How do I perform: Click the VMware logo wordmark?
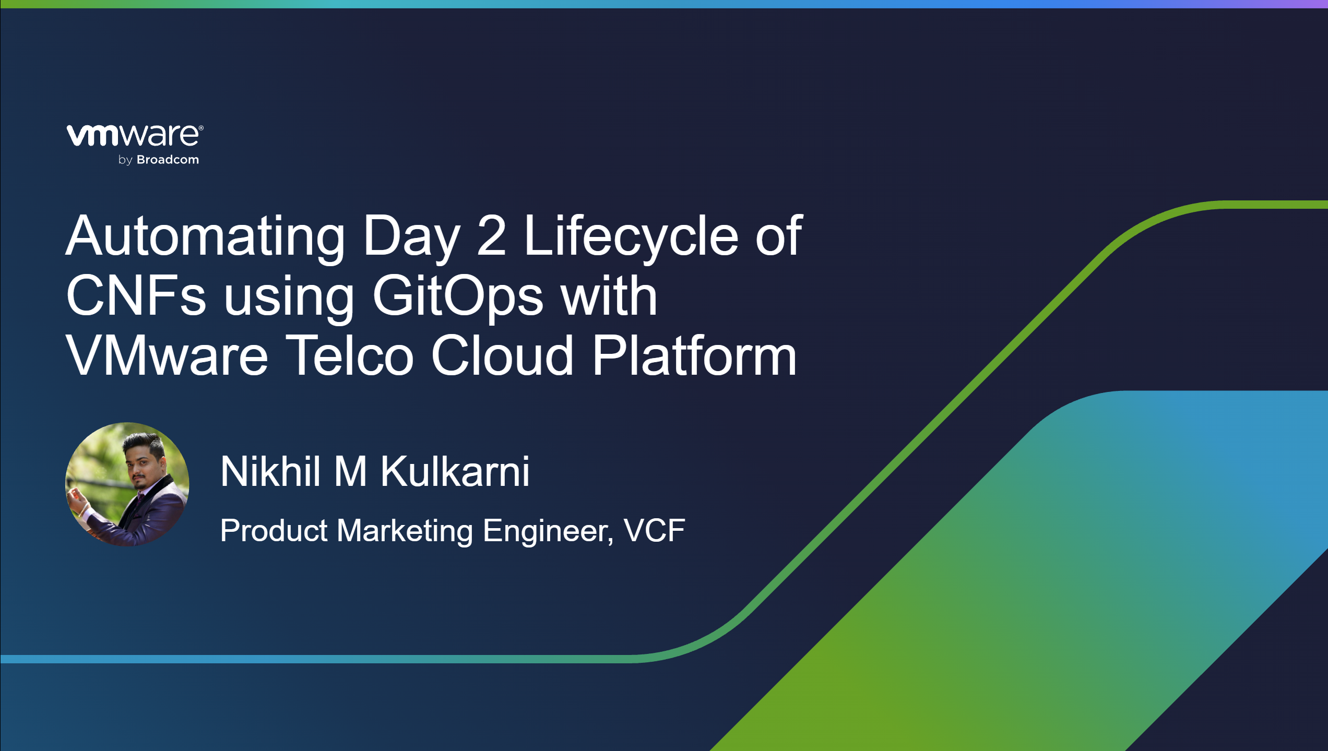coord(135,136)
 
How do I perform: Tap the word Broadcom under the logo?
coord(168,160)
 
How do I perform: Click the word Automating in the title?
coord(205,238)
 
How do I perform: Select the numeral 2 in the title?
coord(491,236)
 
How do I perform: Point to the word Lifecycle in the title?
coord(631,237)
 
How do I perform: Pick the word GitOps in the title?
coord(458,298)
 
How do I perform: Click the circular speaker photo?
coord(127,484)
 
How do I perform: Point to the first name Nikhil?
coord(270,471)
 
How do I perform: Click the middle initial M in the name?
coord(350,471)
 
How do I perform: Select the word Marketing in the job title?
coord(405,531)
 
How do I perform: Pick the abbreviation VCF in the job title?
coord(655,530)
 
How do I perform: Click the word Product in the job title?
coord(274,531)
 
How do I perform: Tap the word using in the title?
coord(289,298)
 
